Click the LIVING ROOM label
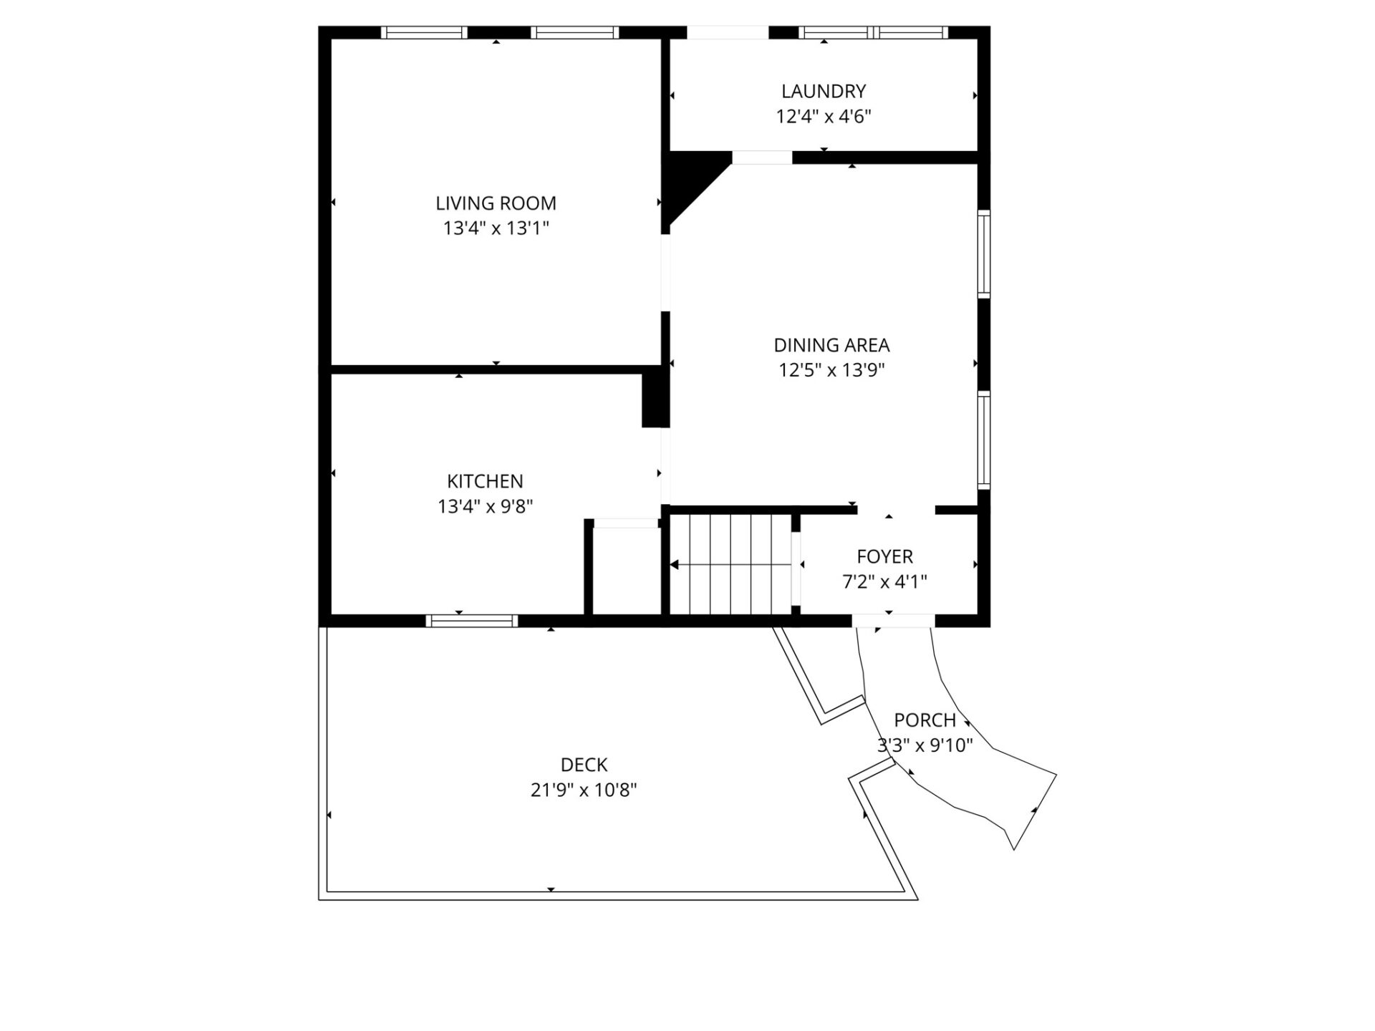[x=496, y=203]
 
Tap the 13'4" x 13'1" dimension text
[x=496, y=228]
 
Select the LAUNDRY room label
[x=824, y=92]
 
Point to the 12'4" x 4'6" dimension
[x=824, y=117]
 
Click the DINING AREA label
[x=831, y=345]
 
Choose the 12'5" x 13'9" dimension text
[x=831, y=370]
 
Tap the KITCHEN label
[x=485, y=481]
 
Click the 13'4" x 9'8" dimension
[x=485, y=507]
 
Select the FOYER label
[x=884, y=556]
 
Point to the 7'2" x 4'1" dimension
[x=884, y=582]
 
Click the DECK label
[x=584, y=765]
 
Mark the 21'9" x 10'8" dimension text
[x=584, y=790]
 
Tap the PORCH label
[x=925, y=720]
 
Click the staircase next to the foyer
[x=730, y=564]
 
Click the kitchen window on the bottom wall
[x=471, y=621]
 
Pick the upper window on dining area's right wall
[x=984, y=253]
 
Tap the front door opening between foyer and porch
[x=893, y=621]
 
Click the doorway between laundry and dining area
[x=761, y=158]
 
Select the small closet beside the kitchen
[x=625, y=571]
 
